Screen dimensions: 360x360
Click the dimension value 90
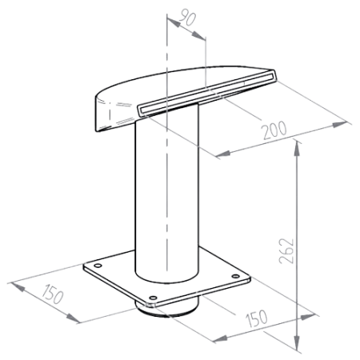click(187, 18)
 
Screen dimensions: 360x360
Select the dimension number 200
click(274, 130)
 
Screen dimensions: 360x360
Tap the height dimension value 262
click(286, 251)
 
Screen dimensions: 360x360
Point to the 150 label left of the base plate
click(53, 294)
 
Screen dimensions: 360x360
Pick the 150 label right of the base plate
click(256, 318)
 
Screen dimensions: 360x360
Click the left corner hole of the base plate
click(98, 266)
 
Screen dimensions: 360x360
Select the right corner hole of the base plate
click(235, 276)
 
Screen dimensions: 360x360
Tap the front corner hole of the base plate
click(153, 298)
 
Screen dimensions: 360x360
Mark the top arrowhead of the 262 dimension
click(297, 148)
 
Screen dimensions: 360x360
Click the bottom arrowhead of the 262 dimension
click(297, 342)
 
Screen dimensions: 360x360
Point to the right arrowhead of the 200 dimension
click(340, 124)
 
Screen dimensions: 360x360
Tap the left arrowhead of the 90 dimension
click(174, 22)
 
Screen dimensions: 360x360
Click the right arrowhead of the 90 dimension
click(198, 35)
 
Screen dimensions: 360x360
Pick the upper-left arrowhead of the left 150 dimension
click(18, 286)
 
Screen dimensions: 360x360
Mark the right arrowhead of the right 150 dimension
click(308, 317)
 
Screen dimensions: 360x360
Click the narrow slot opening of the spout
click(207, 93)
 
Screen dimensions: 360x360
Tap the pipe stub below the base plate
click(167, 310)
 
